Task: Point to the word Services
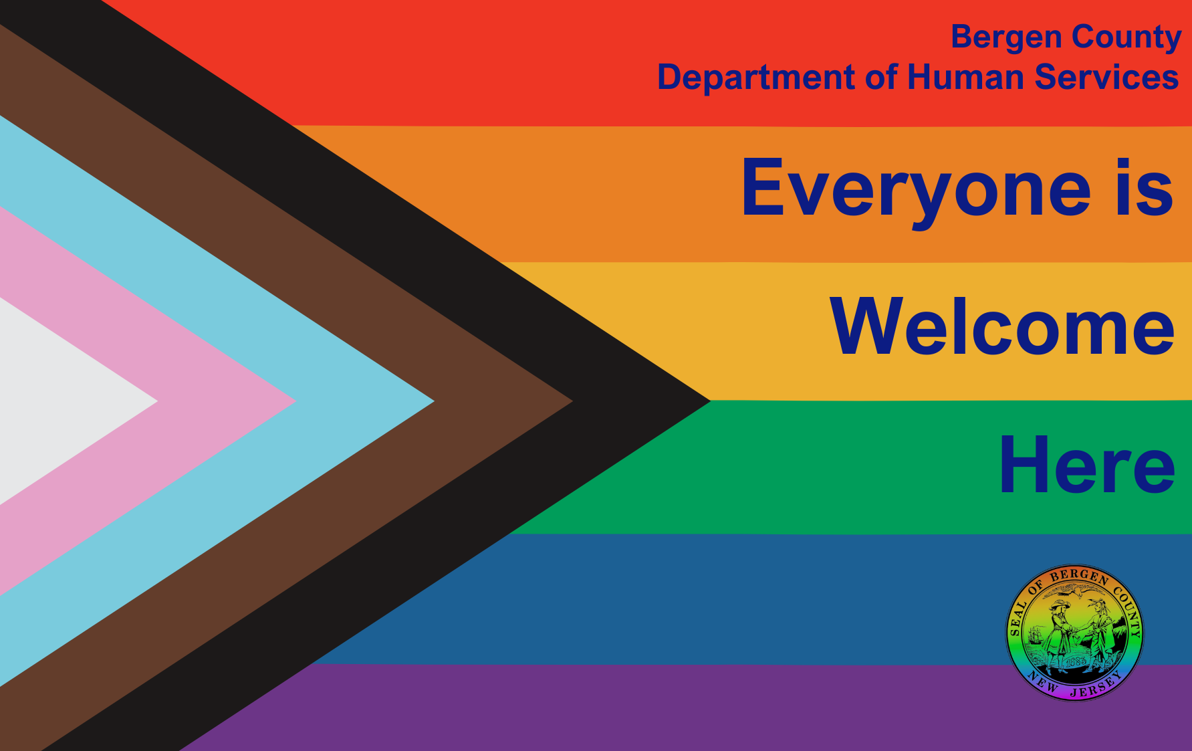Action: tap(1106, 77)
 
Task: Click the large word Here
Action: tap(1087, 464)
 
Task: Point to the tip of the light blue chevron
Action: tap(434, 401)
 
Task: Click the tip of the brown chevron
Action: tap(572, 401)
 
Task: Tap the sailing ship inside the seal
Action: tap(1036, 635)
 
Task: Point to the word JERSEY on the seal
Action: tap(1097, 685)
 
